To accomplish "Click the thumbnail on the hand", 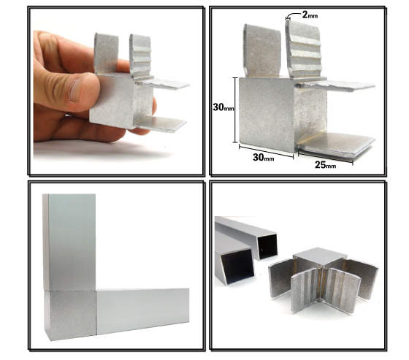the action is (x=75, y=90).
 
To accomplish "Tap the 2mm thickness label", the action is (x=310, y=15).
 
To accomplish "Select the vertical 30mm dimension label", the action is (x=223, y=107).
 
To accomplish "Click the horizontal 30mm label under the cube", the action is (x=263, y=157).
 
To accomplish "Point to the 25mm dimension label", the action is (x=325, y=164).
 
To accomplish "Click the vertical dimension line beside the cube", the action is (x=235, y=110).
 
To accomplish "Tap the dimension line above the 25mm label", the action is (x=325, y=158).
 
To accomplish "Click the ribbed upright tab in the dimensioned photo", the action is (x=303, y=49).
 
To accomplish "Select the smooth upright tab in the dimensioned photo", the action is (x=261, y=50).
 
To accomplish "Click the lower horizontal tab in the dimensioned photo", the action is (x=337, y=145).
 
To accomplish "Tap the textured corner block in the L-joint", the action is (x=70, y=315).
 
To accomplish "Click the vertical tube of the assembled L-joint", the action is (x=69, y=242).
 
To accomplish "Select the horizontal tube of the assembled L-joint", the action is (x=142, y=311).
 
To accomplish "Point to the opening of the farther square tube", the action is (x=267, y=247).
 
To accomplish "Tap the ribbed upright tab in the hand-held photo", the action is (x=140, y=55).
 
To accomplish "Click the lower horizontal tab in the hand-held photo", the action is (x=161, y=124).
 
